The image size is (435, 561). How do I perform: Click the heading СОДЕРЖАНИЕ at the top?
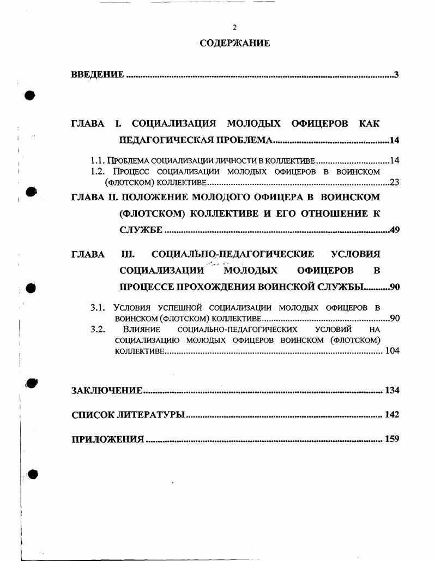point(234,43)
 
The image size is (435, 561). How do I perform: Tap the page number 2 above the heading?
point(234,27)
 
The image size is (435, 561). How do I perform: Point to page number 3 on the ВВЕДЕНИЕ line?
point(396,75)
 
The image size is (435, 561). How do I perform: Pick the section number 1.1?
point(98,161)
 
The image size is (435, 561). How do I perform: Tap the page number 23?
point(394,182)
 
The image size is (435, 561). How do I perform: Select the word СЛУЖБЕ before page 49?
point(141,230)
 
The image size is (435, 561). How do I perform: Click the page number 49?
point(395,230)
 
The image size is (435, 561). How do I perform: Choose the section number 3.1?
point(98,308)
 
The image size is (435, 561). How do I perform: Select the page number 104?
point(392,351)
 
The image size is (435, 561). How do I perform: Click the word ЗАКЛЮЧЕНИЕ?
point(107,390)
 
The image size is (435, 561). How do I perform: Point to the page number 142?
point(392,415)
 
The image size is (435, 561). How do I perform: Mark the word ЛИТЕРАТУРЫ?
point(151,415)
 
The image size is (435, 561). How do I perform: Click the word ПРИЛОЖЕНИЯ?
point(108,439)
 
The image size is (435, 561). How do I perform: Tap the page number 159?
point(392,439)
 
